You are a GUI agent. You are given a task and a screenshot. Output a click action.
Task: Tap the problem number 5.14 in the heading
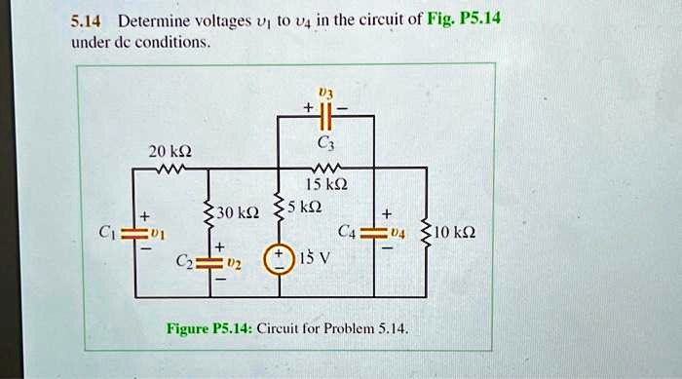(x=87, y=20)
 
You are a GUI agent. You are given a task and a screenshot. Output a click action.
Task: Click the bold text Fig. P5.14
(x=462, y=19)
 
